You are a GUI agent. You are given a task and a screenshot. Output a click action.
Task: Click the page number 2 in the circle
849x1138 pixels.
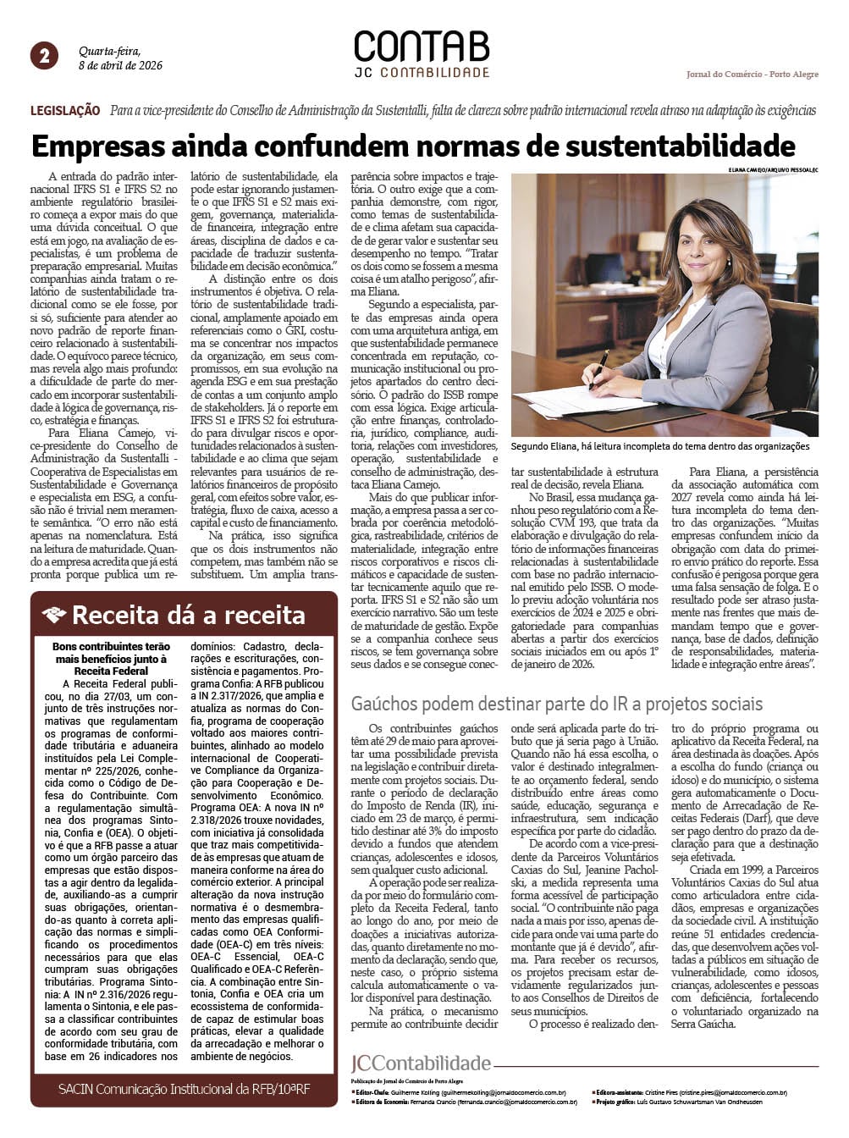pos(44,56)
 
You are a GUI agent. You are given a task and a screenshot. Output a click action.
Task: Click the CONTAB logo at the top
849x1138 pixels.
pos(421,47)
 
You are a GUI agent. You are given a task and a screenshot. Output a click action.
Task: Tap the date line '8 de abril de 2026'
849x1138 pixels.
pos(120,65)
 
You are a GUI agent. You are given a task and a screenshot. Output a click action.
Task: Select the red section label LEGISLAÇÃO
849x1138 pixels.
pos(65,111)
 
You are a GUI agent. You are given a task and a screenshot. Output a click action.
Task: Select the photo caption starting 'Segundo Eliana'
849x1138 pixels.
pos(660,446)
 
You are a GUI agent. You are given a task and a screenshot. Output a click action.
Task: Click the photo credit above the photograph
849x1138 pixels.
pos(772,170)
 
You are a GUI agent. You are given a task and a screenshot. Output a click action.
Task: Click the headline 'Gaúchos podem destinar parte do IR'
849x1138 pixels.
pos(556,704)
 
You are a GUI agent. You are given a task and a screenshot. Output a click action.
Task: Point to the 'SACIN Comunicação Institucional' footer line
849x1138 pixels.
pos(184,1089)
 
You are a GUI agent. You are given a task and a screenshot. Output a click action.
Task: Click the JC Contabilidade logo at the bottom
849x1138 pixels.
pos(421,1063)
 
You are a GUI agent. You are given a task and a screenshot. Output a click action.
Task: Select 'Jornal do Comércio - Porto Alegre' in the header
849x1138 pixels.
pos(752,75)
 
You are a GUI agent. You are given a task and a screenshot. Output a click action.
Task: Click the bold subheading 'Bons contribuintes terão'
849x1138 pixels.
pos(111,647)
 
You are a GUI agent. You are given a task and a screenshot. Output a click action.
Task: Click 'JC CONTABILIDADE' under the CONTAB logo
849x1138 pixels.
pos(421,73)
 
